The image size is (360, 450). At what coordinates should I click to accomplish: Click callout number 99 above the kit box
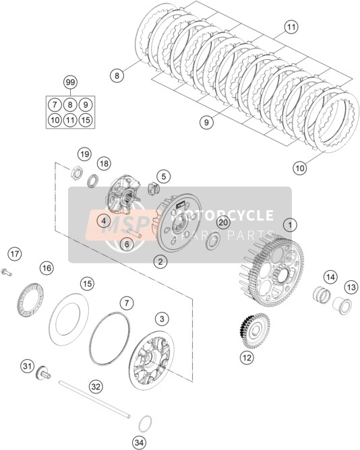[x=70, y=83]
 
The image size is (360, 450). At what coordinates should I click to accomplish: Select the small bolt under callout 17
[x=6, y=272]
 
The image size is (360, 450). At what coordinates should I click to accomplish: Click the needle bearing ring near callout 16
[x=31, y=300]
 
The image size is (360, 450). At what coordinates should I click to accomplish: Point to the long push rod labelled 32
[x=95, y=399]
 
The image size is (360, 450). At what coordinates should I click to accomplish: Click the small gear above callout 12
[x=254, y=330]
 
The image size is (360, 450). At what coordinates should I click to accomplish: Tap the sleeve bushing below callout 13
[x=342, y=305]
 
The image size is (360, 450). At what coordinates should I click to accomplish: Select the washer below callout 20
[x=213, y=240]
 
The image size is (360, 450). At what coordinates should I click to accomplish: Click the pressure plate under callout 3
[x=152, y=360]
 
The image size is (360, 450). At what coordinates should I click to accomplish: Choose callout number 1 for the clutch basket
[x=290, y=225]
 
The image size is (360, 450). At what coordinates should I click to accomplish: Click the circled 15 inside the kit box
[x=86, y=120]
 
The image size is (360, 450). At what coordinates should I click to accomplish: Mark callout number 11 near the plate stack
[x=291, y=27]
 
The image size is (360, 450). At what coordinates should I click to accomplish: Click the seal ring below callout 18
[x=93, y=181]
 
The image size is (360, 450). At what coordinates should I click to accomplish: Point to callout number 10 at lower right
[x=300, y=168]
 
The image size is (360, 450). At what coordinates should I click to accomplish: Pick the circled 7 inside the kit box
[x=55, y=104]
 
